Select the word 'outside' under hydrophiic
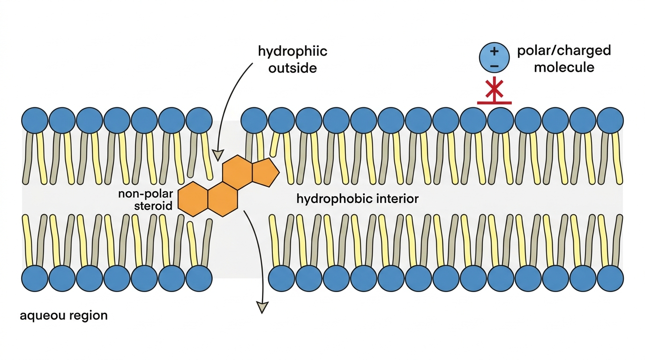pos(292,68)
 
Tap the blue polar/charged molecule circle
pos(494,58)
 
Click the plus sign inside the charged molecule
pos(494,51)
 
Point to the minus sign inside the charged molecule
pos(494,66)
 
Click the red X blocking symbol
pos(494,89)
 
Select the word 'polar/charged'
pos(564,51)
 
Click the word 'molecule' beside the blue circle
pos(564,67)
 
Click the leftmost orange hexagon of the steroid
pos(193,199)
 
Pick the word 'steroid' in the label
pos(153,206)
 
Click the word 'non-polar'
pos(146,194)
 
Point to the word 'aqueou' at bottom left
pos(39,316)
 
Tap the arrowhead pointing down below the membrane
pos(262,307)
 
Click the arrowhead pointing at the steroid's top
pos(218,155)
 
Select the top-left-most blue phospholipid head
pos(35,120)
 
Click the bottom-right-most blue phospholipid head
pos(610,278)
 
